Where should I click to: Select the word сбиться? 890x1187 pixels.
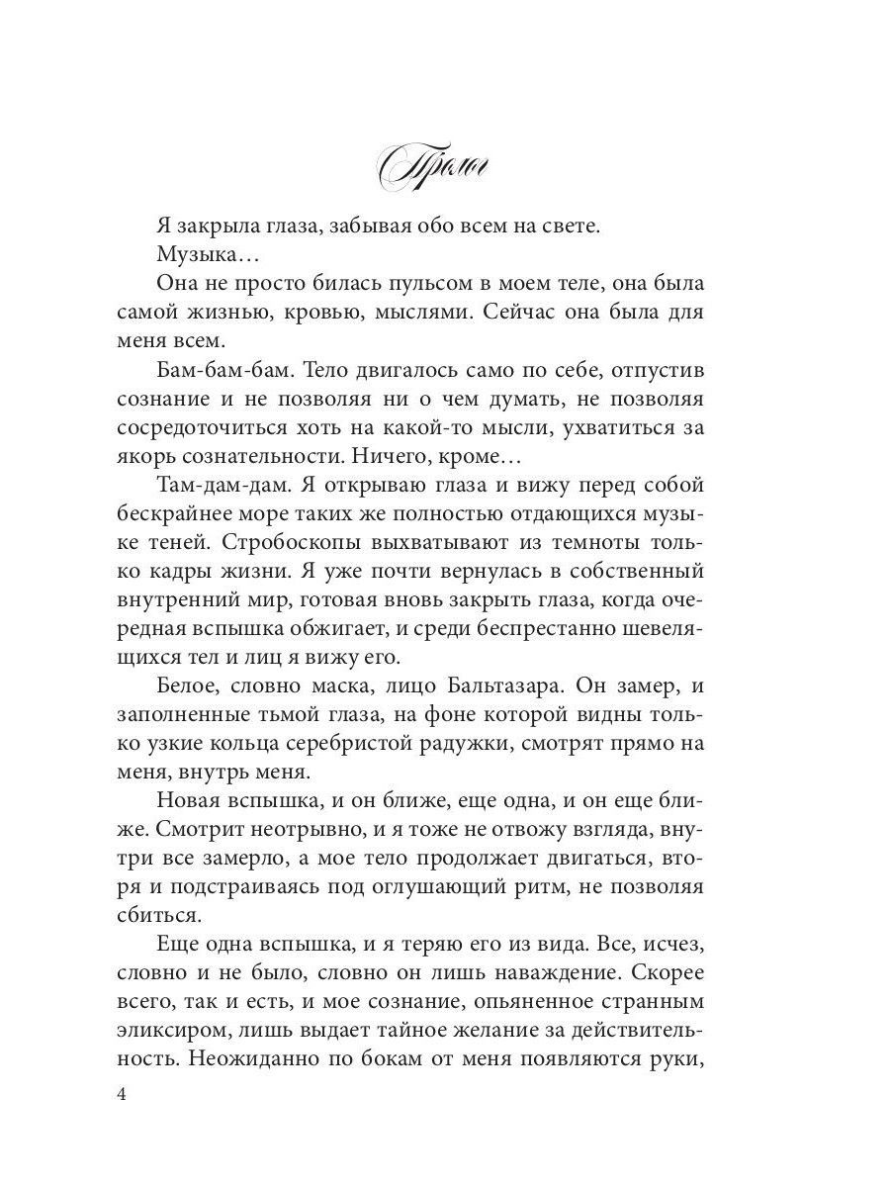click(x=155, y=901)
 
